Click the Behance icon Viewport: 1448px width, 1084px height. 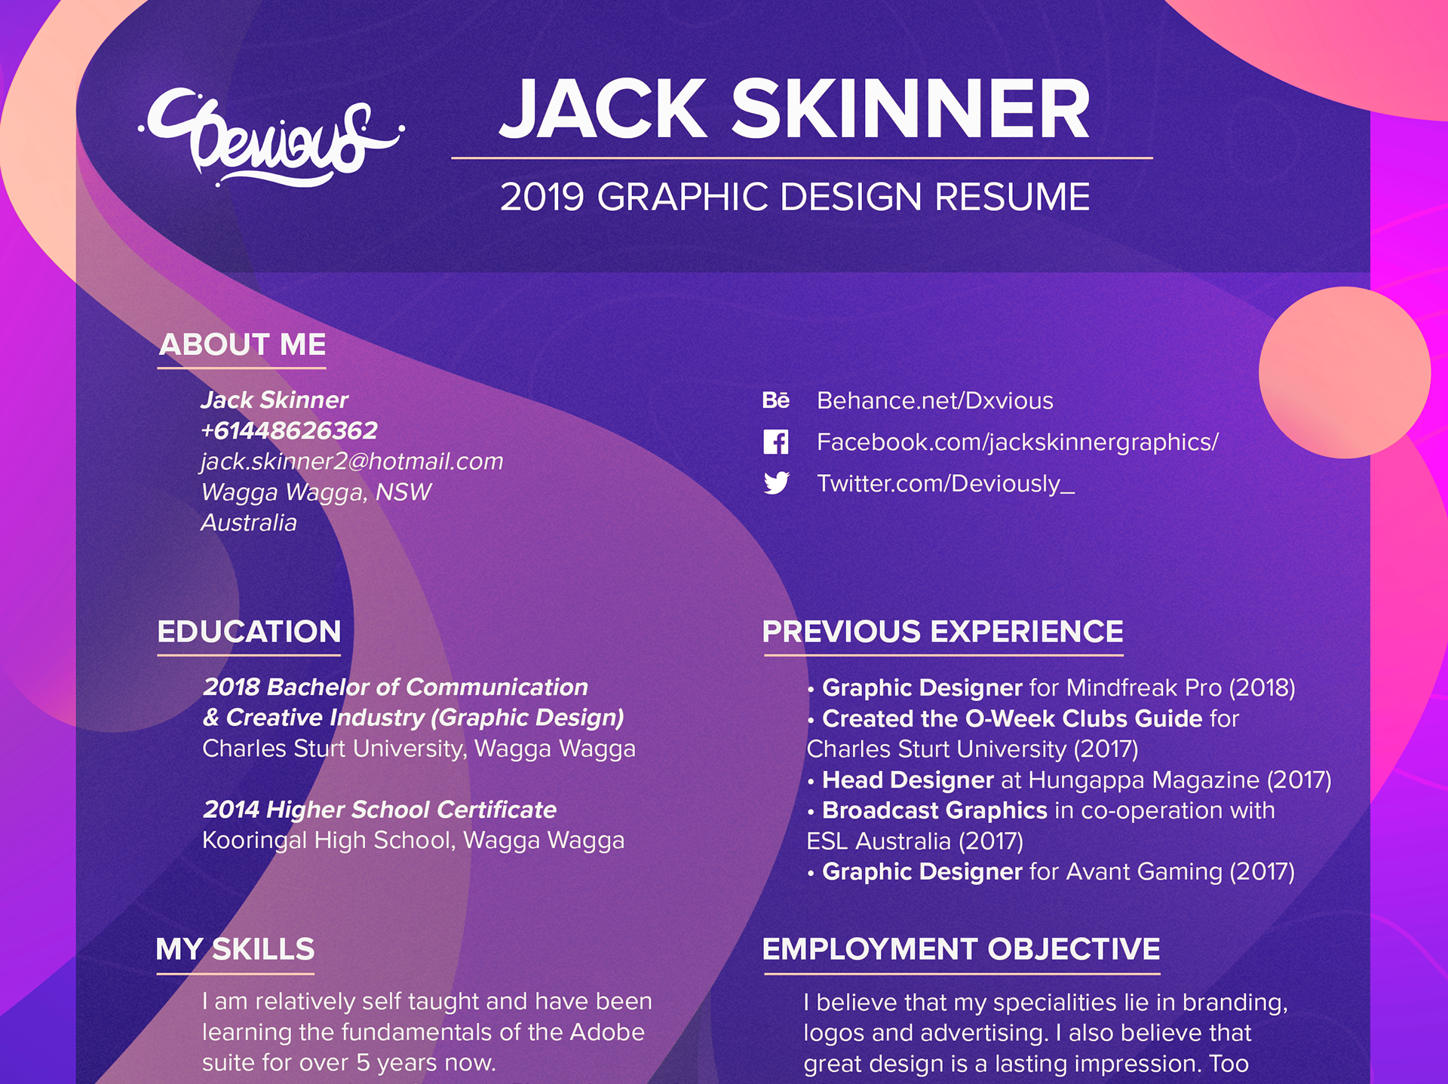click(776, 400)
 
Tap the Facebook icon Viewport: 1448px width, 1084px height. click(776, 442)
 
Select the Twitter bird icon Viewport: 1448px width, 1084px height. click(776, 482)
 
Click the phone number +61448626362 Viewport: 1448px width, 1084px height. click(289, 430)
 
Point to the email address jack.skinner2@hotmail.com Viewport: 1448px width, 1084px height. click(352, 461)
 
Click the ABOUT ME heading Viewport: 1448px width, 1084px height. click(242, 344)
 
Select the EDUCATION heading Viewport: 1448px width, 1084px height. click(249, 632)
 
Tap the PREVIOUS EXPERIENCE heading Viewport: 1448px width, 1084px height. click(943, 632)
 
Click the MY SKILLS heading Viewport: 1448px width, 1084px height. click(235, 949)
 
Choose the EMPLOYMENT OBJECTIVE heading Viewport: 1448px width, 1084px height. click(962, 949)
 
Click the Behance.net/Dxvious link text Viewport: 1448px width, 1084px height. click(935, 400)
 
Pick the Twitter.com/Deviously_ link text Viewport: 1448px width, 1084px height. click(946, 483)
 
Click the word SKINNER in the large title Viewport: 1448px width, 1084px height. click(911, 109)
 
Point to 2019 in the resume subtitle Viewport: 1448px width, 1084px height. click(542, 198)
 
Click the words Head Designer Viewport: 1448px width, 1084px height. click(908, 779)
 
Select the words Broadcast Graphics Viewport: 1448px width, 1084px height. click(934, 810)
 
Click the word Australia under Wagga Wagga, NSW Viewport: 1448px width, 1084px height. click(249, 522)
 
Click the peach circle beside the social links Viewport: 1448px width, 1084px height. click(1345, 372)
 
